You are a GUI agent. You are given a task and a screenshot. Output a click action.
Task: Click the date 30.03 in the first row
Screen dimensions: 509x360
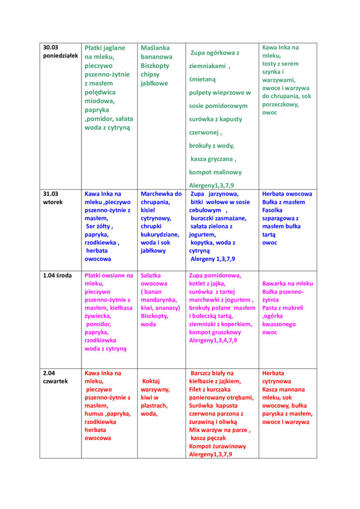tap(51, 48)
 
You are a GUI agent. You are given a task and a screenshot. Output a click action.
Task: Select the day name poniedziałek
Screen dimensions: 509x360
tap(61, 56)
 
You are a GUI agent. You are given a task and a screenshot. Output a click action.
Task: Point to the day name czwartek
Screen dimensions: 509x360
tap(55, 381)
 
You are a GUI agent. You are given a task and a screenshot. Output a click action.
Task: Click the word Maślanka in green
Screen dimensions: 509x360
tap(155, 48)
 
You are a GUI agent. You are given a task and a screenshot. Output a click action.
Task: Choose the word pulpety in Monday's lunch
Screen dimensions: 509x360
tap(202, 92)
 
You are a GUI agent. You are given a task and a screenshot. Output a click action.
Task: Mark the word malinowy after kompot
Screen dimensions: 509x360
tap(226, 172)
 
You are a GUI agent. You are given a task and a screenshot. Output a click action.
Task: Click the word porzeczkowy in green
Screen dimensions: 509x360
tap(280, 104)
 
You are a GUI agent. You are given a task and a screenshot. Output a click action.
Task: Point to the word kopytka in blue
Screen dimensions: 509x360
tap(202, 243)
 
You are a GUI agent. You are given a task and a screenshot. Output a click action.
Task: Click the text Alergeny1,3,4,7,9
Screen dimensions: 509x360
tap(213, 340)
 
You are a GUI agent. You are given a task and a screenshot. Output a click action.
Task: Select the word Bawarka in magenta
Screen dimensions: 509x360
tap(274, 283)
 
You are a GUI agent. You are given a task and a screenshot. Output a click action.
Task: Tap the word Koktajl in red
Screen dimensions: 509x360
tap(153, 381)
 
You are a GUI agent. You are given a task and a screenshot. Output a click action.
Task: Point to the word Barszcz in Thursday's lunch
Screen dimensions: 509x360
tap(203, 373)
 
